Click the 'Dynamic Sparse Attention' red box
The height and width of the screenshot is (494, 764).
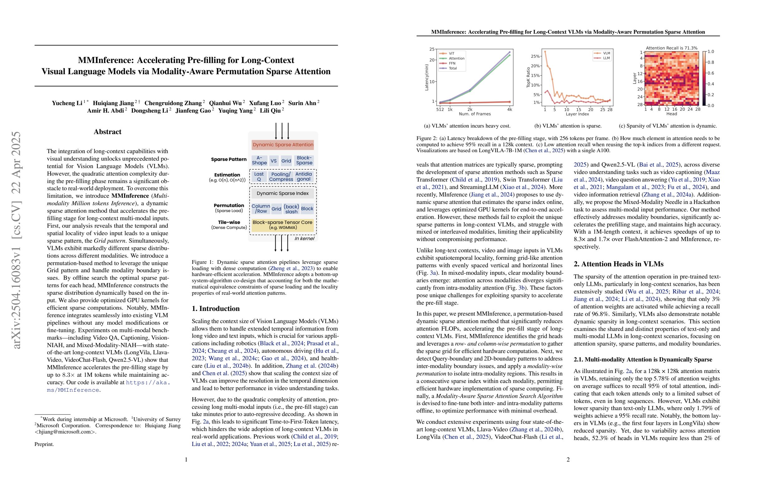click(283, 145)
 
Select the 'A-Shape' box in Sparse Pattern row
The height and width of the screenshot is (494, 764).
click(259, 160)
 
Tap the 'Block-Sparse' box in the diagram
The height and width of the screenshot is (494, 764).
click(304, 160)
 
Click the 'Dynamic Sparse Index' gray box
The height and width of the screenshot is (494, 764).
click(282, 193)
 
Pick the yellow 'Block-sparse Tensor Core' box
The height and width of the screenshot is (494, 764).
click(282, 225)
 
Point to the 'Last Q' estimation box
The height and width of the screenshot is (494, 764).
click(259, 177)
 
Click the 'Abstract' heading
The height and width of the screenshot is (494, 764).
click(108, 132)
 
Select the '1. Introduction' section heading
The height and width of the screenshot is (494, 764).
click(215, 308)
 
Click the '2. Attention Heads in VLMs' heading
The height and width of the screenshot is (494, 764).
click(618, 264)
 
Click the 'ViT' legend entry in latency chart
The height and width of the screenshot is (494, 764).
click(451, 54)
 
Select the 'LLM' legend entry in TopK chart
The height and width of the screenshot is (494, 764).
click(606, 58)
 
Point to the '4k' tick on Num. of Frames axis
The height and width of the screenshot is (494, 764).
click(509, 109)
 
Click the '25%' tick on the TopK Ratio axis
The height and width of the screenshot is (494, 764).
click(535, 56)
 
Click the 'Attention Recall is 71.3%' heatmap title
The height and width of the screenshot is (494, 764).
click(672, 48)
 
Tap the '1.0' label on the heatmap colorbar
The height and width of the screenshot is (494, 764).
click(711, 52)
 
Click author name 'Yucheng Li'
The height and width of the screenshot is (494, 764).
click(67, 103)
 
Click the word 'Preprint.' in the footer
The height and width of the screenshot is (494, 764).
click(44, 444)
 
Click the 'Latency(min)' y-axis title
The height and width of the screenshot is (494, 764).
click(427, 77)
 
